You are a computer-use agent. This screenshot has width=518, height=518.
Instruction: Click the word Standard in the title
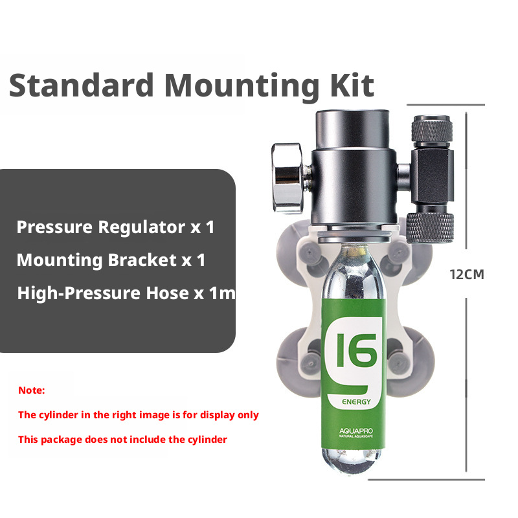pyautogui.click(x=82, y=85)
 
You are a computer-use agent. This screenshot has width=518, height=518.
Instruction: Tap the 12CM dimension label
pyautogui.click(x=467, y=275)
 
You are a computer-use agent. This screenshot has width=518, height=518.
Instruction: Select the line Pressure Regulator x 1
pyautogui.click(x=116, y=227)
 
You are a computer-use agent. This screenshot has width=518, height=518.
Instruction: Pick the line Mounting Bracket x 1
pyautogui.click(x=111, y=260)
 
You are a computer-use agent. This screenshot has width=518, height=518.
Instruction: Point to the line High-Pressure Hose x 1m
pyautogui.click(x=126, y=293)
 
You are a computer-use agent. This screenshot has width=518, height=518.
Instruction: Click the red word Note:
pyautogui.click(x=31, y=390)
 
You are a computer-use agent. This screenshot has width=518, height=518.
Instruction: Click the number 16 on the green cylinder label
pyautogui.click(x=357, y=350)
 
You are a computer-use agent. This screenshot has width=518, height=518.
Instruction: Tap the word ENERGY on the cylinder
pyautogui.click(x=357, y=401)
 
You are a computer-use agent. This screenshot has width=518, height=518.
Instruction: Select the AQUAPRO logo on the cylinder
pyautogui.click(x=356, y=433)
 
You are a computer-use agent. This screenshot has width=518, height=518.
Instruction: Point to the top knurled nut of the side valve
pyautogui.click(x=431, y=131)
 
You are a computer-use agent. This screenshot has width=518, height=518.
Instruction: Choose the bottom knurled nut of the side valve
pyautogui.click(x=430, y=228)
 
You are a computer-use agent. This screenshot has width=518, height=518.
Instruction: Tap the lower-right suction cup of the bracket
pyautogui.click(x=413, y=362)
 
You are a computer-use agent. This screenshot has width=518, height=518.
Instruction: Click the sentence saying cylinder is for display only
pyautogui.click(x=139, y=415)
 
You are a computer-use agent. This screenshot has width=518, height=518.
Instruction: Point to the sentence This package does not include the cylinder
pyautogui.click(x=122, y=440)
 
